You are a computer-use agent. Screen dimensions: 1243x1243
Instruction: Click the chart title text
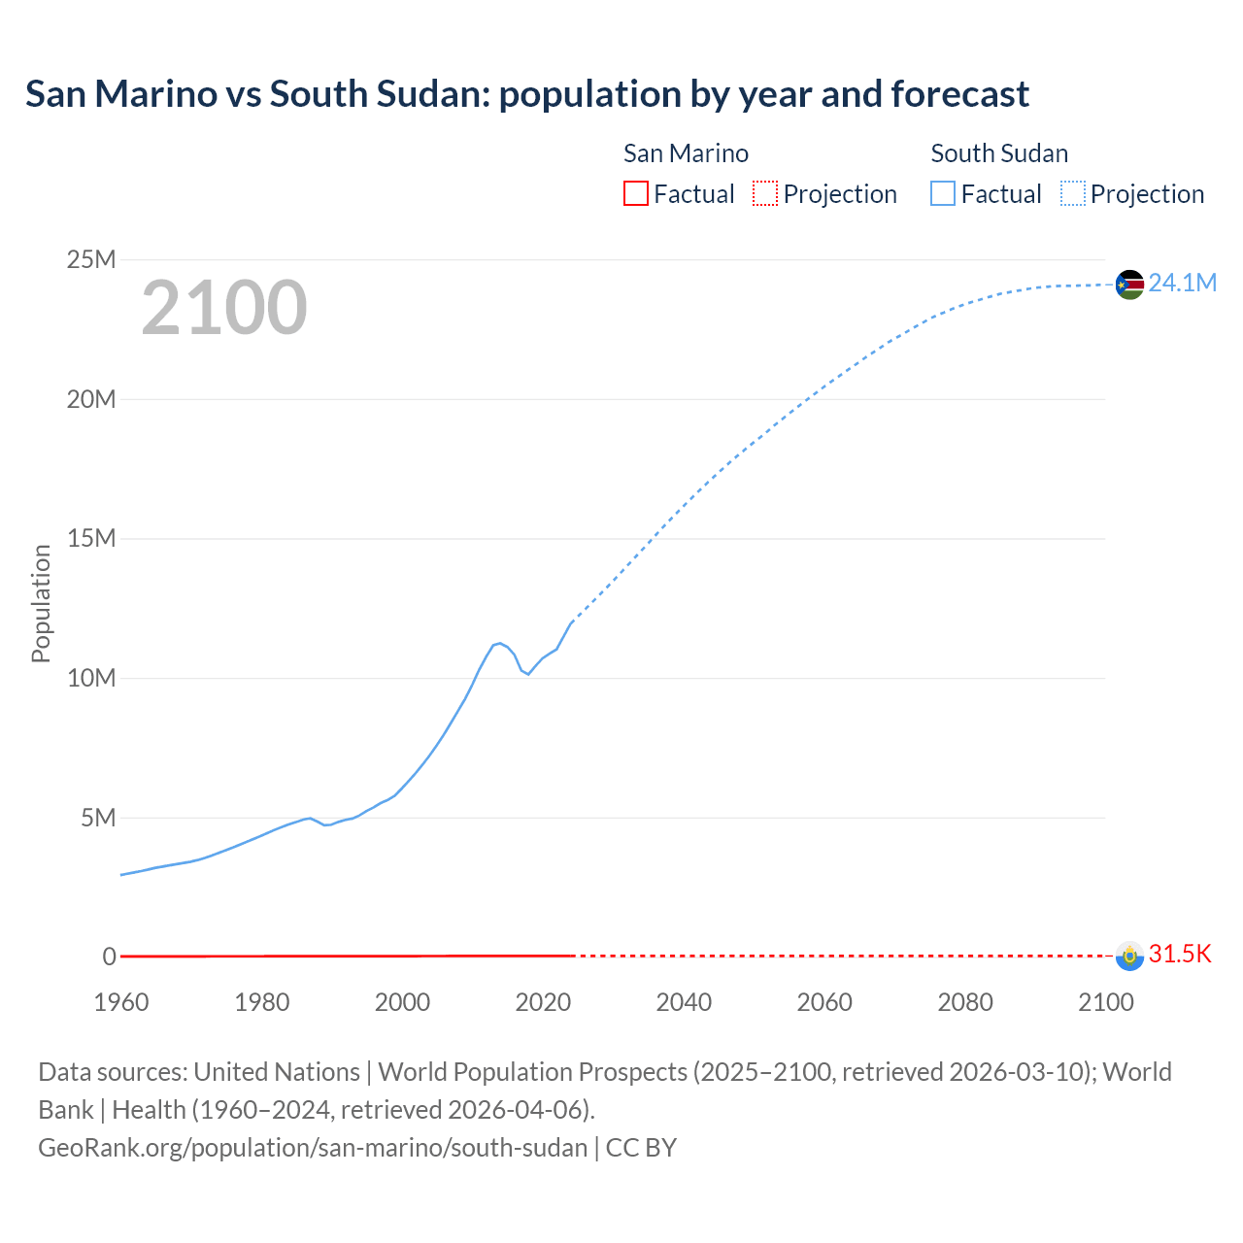coord(526,94)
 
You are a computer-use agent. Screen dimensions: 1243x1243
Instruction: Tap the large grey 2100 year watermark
coord(224,308)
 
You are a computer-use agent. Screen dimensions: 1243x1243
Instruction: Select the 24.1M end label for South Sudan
coord(1182,283)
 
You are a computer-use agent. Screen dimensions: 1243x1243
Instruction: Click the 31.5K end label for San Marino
coord(1180,954)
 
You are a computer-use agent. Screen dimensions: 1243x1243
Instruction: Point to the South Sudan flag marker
coord(1129,285)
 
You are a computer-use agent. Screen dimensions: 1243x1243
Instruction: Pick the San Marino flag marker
coord(1129,956)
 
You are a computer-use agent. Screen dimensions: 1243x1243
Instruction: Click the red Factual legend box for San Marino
coord(635,193)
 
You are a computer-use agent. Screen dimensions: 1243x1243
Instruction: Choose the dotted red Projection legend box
coord(765,193)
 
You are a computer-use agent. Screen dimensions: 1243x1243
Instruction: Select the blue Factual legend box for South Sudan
coord(943,193)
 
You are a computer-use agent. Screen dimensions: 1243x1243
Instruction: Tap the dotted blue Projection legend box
coord(1073,193)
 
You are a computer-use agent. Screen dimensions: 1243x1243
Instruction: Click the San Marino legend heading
coord(686,153)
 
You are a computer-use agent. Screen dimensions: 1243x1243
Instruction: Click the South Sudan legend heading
coord(999,153)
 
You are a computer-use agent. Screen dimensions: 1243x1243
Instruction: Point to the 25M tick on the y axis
coord(91,259)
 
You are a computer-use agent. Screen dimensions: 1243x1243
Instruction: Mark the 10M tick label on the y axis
coord(91,678)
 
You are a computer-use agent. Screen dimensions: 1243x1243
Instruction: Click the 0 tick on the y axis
coord(109,957)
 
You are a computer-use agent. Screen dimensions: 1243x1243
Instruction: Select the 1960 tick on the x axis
coord(121,1002)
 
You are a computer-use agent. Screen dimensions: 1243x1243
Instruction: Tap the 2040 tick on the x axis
coord(684,1002)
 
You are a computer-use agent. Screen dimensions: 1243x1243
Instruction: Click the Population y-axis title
coord(41,603)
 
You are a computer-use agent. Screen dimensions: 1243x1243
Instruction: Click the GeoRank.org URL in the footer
coord(313,1147)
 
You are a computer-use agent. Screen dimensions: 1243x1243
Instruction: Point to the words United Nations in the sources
coord(277,1071)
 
